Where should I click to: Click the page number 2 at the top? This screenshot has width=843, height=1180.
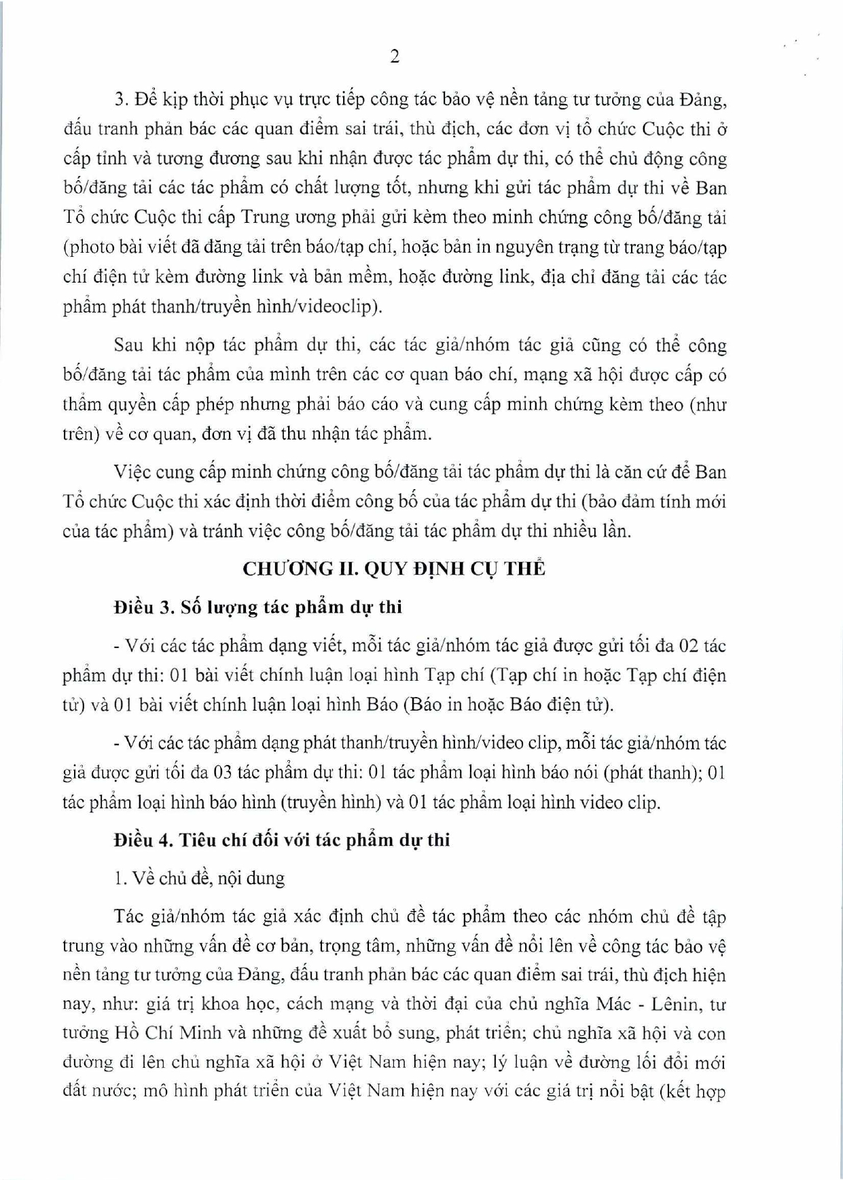coord(395,56)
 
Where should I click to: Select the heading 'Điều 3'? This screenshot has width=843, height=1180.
coord(144,607)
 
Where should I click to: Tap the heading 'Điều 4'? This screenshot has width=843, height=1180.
coord(144,840)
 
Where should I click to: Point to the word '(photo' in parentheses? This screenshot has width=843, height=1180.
coord(86,247)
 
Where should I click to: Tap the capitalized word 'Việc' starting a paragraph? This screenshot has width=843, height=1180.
coord(132,471)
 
